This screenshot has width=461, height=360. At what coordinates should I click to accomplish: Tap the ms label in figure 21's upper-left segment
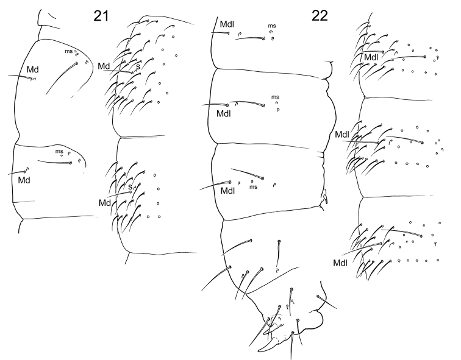[69, 51]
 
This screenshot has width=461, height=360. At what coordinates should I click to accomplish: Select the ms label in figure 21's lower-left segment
[59, 151]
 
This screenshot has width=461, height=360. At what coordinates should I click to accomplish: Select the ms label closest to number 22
[271, 26]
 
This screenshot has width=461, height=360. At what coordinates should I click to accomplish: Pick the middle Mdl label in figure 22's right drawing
[342, 134]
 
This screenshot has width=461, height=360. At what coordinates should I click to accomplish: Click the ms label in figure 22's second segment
[275, 97]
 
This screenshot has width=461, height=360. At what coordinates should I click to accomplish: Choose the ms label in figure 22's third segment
[253, 187]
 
